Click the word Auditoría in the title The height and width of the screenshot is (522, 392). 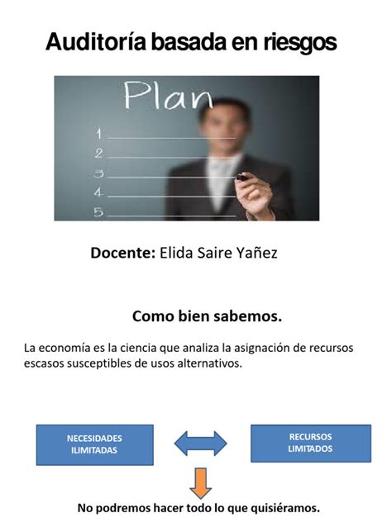(96, 41)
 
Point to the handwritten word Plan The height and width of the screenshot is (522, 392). (169, 95)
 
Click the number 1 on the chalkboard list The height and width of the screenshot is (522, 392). (98, 134)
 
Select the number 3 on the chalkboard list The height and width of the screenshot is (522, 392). (98, 173)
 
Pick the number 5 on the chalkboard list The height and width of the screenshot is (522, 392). (98, 212)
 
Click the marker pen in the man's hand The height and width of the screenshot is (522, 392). (242, 178)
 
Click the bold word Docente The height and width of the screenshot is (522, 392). (123, 253)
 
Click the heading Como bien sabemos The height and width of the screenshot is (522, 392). (207, 316)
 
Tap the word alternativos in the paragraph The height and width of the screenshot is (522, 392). (209, 363)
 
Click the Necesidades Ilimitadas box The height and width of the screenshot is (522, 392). (95, 444)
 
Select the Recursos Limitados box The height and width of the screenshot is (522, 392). (311, 443)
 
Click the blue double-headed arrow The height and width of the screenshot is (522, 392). (201, 444)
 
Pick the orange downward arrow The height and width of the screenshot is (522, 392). (200, 483)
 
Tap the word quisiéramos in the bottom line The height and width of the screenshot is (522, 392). (285, 508)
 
